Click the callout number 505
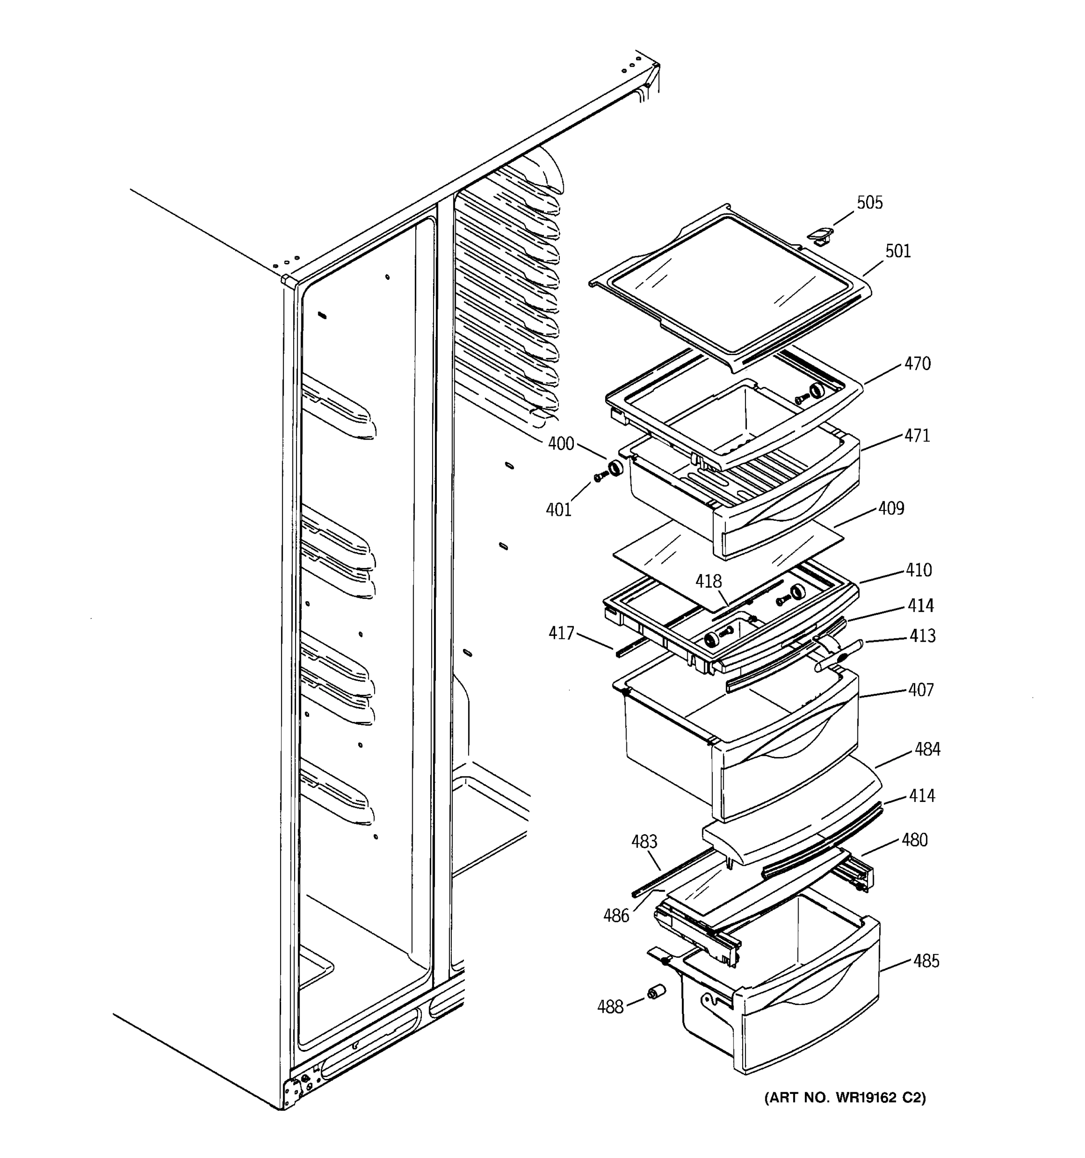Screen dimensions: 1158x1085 869,203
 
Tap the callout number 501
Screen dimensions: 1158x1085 898,252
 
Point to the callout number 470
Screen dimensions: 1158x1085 917,364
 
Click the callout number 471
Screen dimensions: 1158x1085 917,436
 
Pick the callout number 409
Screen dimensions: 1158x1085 891,509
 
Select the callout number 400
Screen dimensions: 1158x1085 561,444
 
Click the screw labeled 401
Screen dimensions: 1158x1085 599,477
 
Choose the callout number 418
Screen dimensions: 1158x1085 708,581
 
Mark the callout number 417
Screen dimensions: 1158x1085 561,633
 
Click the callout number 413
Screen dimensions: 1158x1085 922,635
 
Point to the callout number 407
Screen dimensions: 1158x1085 921,690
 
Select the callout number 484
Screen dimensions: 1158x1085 927,749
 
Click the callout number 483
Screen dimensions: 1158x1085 644,841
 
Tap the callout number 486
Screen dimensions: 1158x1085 616,916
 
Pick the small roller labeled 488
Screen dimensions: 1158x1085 656,992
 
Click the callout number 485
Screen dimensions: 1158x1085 926,961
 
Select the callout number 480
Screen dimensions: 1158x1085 914,840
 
